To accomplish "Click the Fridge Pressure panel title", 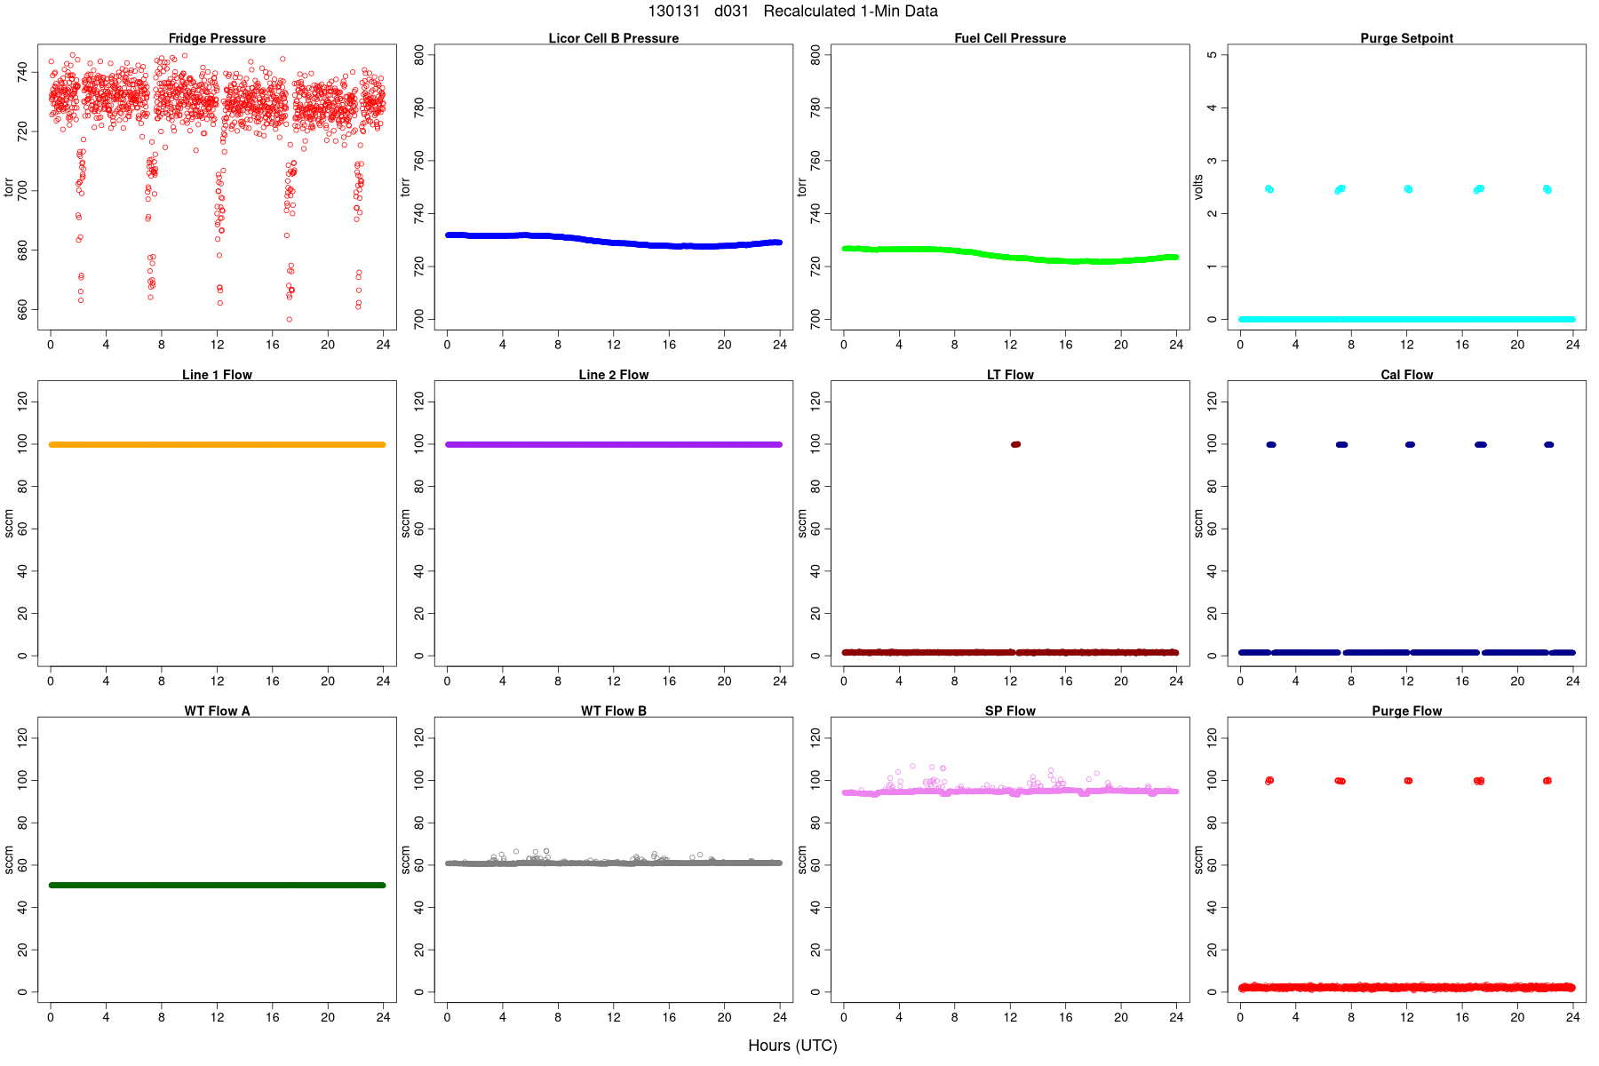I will coord(217,38).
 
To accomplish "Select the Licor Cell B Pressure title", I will coord(613,38).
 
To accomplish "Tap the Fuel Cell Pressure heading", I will coord(1010,38).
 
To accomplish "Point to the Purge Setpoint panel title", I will coord(1406,38).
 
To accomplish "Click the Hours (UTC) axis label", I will coord(792,1046).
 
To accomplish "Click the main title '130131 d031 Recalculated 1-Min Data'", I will coord(792,12).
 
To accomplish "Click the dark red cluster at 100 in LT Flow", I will coord(1015,444).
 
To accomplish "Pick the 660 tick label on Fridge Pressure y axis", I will coord(23,309).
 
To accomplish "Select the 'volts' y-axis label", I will coord(1198,187).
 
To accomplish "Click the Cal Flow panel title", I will coord(1406,375).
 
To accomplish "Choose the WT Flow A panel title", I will coord(217,711).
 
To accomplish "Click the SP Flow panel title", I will coord(1010,711).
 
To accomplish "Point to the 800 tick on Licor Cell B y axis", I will coord(419,55).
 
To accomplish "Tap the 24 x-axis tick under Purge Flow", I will coord(1572,1017).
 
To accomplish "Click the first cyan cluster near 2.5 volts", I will coord(1269,188).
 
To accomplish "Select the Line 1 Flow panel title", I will coord(217,375).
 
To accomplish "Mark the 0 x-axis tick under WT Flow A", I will coord(51,1017).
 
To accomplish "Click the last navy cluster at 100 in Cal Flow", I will coord(1548,444).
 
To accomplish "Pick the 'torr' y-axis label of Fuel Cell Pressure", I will coord(802,187).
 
